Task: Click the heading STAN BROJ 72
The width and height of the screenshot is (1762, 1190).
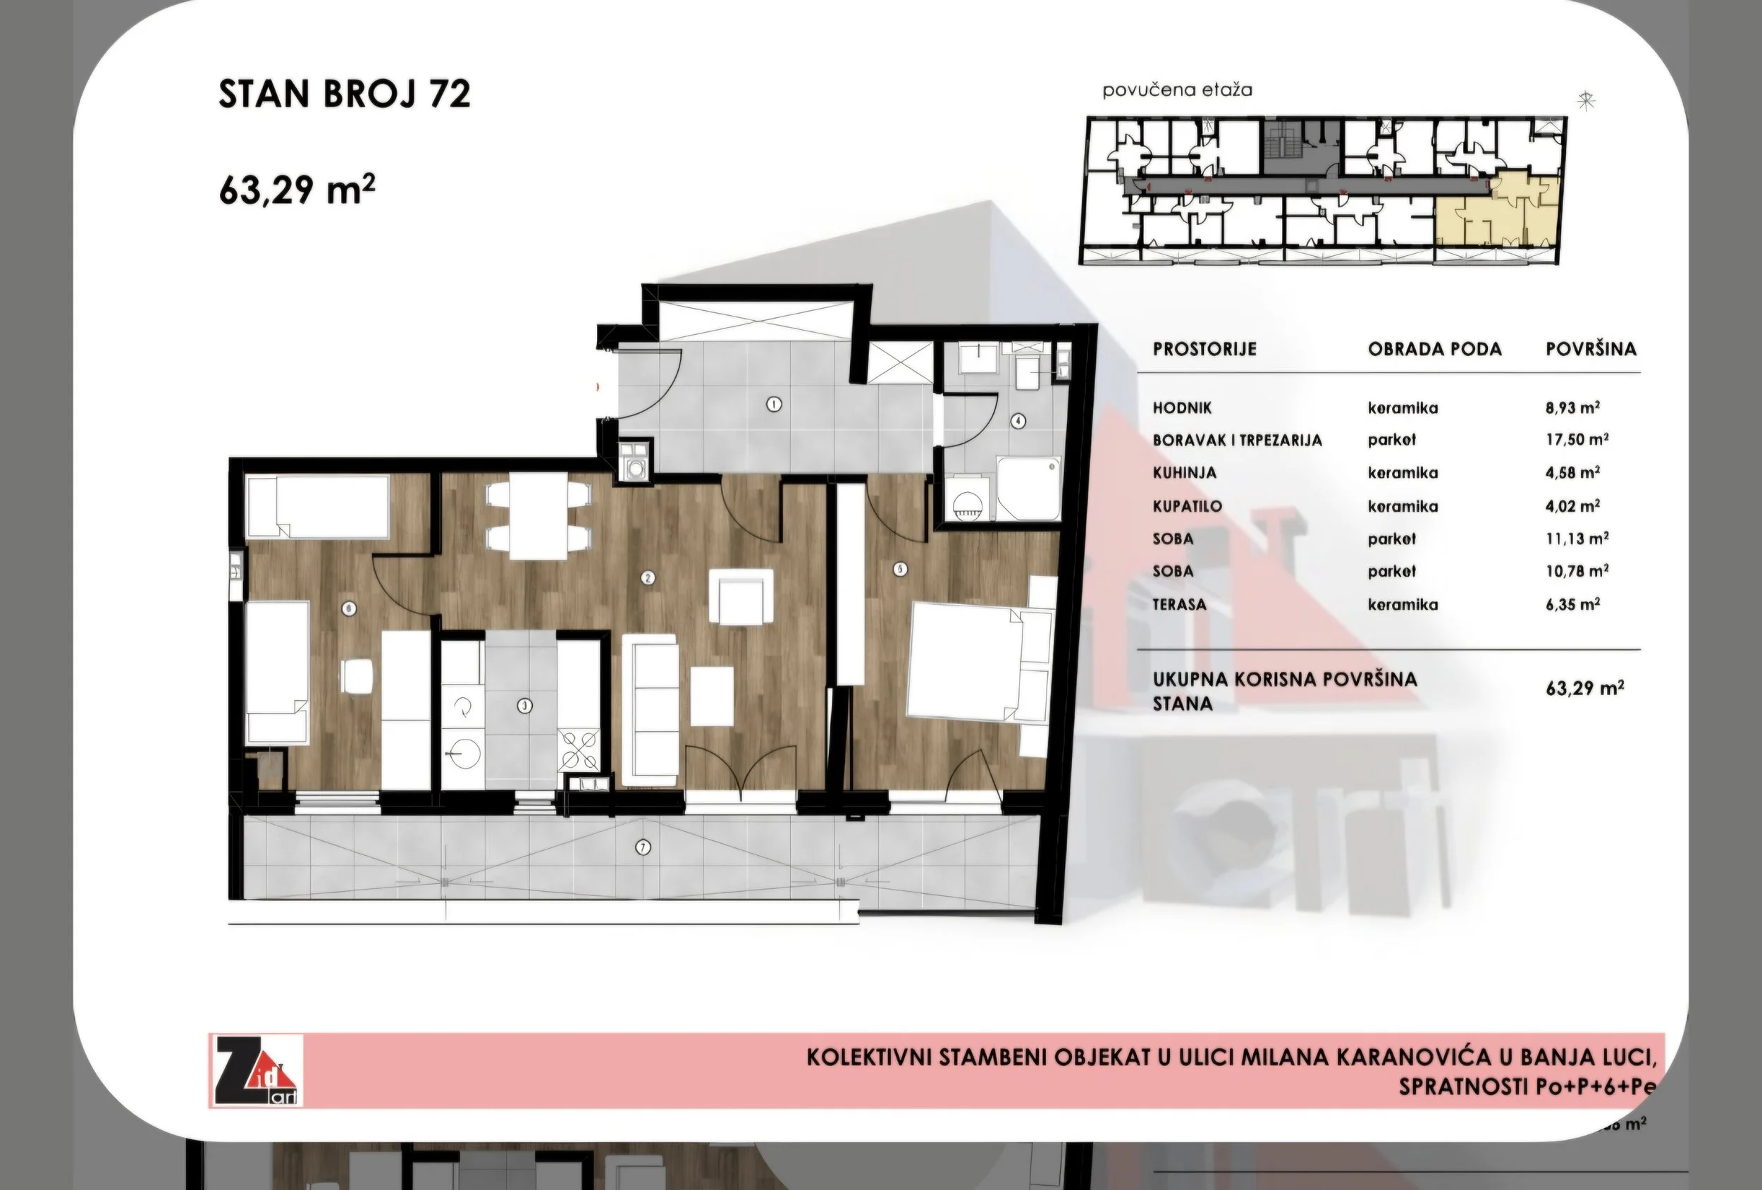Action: coord(344,94)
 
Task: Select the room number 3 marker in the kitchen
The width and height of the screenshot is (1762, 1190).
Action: coord(524,706)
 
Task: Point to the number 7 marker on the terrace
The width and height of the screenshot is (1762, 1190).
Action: coord(643,847)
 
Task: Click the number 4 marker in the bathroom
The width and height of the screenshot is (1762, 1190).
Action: coord(1018,420)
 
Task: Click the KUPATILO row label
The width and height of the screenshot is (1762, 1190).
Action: coord(1188,506)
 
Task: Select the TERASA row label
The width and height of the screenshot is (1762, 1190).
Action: coord(1179,604)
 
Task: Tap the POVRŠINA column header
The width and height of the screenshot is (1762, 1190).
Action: coord(1591,349)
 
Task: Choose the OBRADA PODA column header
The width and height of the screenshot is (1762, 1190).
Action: coord(1434,349)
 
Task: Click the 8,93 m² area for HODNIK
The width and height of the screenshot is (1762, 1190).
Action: coord(1572,407)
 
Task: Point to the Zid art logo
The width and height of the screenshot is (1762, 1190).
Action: coord(257,1070)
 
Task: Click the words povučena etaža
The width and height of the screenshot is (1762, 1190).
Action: coord(1177,90)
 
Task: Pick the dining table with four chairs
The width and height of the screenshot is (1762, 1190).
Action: coord(538,516)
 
